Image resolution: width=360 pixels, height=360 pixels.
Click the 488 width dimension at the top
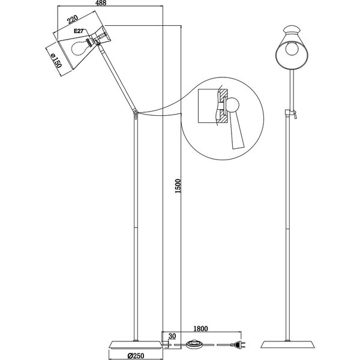[x=109, y=4]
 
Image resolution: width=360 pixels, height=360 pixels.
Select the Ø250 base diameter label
[x=137, y=355]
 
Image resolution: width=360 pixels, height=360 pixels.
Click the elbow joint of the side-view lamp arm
[x=136, y=113]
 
